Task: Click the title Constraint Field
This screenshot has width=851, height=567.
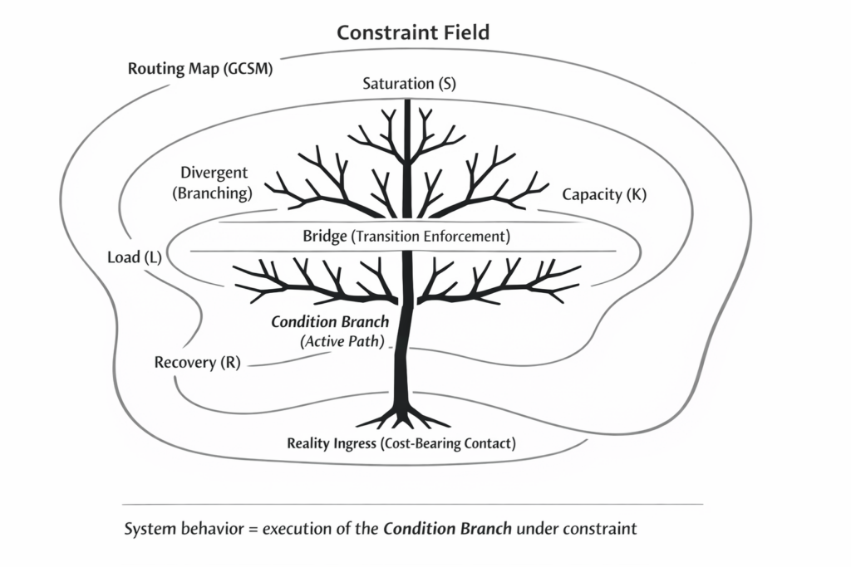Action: (x=413, y=33)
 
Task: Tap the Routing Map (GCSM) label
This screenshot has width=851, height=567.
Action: (x=200, y=68)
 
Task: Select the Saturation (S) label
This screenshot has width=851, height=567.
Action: (x=410, y=84)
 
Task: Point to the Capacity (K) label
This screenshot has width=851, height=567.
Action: (x=604, y=195)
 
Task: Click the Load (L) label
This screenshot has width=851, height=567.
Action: (x=135, y=257)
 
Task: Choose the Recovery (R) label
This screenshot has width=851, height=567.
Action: (x=198, y=364)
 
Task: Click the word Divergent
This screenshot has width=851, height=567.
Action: (x=214, y=174)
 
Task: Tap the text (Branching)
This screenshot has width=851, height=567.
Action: (x=212, y=193)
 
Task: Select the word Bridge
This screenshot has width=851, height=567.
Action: (x=324, y=237)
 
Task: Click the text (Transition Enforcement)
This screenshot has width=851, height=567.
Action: (x=430, y=237)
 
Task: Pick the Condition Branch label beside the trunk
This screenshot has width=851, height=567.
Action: (x=330, y=322)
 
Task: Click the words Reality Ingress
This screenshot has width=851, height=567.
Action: (x=330, y=443)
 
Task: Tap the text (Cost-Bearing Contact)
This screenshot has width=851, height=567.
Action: (x=447, y=443)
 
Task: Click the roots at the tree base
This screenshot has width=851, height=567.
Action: (x=405, y=415)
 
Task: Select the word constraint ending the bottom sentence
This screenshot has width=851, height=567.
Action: (x=597, y=528)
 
